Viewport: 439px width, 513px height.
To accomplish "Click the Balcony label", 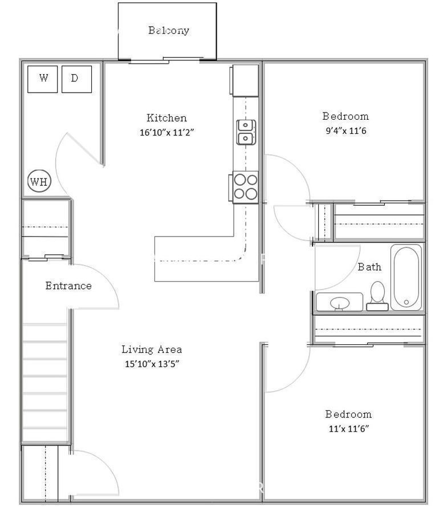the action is tap(168, 30).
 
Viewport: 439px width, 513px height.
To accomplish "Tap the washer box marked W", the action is tap(43, 79).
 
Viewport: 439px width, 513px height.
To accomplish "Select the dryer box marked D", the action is tap(76, 79).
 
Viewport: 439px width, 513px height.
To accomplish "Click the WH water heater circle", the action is tap(39, 181).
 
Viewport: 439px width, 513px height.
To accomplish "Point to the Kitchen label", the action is tap(166, 118).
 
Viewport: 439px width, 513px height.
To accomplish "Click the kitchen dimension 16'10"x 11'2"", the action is tap(167, 132).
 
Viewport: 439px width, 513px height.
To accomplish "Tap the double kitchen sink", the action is tap(246, 132).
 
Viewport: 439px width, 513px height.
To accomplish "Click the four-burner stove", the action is tap(245, 187).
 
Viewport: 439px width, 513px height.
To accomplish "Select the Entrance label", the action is tap(68, 286).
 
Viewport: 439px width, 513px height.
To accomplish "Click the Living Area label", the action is tap(152, 349).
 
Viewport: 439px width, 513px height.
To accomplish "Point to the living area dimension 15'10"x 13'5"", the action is tap(152, 364).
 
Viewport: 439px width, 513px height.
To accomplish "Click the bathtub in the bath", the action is tap(406, 277).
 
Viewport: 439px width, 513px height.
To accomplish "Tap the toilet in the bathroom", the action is tap(377, 296).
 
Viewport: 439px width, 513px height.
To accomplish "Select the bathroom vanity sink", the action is tap(340, 302).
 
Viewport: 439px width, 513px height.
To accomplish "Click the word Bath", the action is tap(369, 267).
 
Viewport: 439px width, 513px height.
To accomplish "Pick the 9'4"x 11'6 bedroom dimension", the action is tap(345, 131).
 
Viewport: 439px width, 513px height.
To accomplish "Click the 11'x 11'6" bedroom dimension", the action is tap(349, 429).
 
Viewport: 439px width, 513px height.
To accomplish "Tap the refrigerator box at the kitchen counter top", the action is tap(245, 80).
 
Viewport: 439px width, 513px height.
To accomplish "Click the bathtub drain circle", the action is tap(407, 302).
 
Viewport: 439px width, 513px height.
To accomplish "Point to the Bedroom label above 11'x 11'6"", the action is tap(348, 414).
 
